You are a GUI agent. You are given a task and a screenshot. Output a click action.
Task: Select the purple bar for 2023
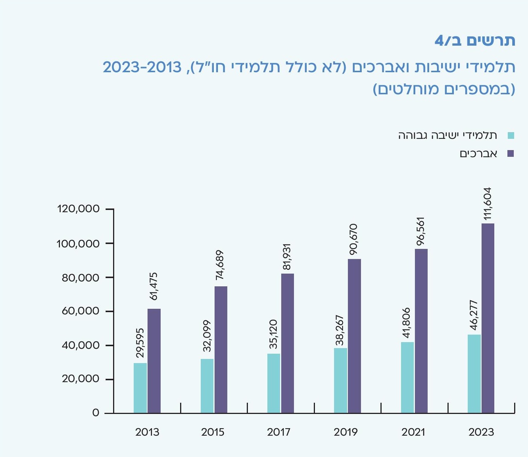(x=488, y=318)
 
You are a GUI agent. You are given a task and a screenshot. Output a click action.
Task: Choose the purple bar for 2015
(x=221, y=350)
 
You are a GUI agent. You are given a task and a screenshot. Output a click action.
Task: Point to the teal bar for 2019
(x=340, y=380)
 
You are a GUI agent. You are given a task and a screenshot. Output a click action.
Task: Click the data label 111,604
(x=487, y=204)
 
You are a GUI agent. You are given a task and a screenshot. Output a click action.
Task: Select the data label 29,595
(x=140, y=343)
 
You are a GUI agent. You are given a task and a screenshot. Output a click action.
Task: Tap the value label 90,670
(x=354, y=240)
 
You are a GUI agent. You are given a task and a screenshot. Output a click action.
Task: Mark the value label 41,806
(x=407, y=323)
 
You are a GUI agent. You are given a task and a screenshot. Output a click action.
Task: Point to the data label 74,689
(x=220, y=265)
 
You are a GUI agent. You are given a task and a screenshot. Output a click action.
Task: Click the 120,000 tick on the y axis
(x=78, y=209)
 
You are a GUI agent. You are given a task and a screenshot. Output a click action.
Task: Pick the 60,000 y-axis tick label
(x=81, y=311)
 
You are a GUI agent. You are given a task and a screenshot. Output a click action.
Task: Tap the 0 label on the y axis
(x=96, y=413)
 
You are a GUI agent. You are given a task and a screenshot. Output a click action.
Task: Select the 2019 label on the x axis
(x=345, y=432)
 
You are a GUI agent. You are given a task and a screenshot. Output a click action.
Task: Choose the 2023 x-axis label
(x=481, y=432)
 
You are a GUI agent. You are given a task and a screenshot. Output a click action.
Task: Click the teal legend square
(x=511, y=135)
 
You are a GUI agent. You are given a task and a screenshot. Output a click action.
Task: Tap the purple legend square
(x=511, y=153)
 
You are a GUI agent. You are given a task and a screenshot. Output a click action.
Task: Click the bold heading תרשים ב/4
(x=475, y=40)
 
